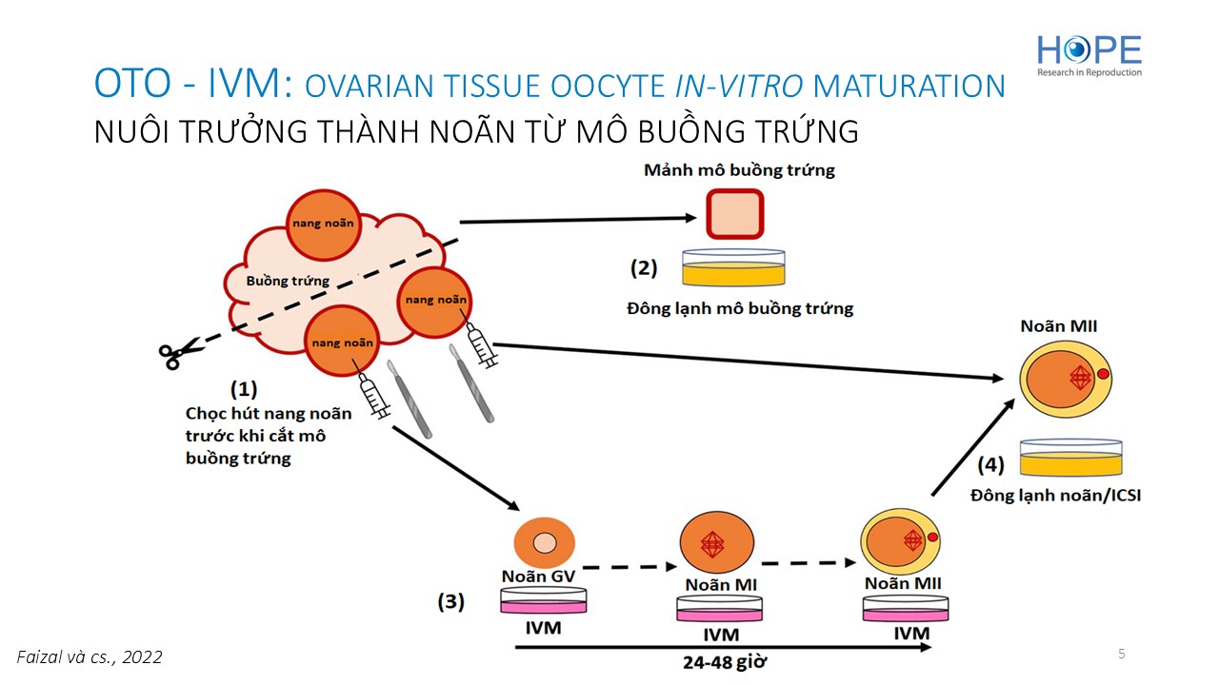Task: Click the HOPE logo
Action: [x=1089, y=54]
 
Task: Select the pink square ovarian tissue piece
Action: [x=734, y=214]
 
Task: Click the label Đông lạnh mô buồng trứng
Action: [x=740, y=308]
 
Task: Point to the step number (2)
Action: [x=644, y=268]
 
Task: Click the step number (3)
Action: [x=450, y=601]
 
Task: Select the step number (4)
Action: [x=990, y=465]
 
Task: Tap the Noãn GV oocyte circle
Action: [x=544, y=542]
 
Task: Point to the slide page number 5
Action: [x=1121, y=654]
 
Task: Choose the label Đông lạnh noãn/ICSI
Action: [x=1055, y=496]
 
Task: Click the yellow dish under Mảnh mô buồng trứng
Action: [x=736, y=269]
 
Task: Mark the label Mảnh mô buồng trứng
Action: [x=739, y=170]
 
